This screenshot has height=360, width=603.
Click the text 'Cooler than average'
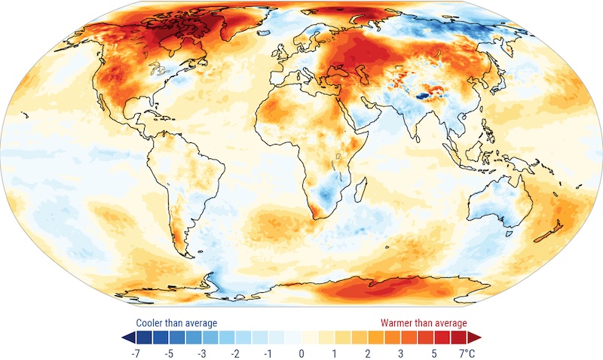(x=176, y=323)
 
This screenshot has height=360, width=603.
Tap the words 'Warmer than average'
(x=423, y=323)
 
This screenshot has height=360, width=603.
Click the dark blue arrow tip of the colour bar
(x=124, y=336)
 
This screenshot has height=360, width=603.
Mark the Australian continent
(x=497, y=200)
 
